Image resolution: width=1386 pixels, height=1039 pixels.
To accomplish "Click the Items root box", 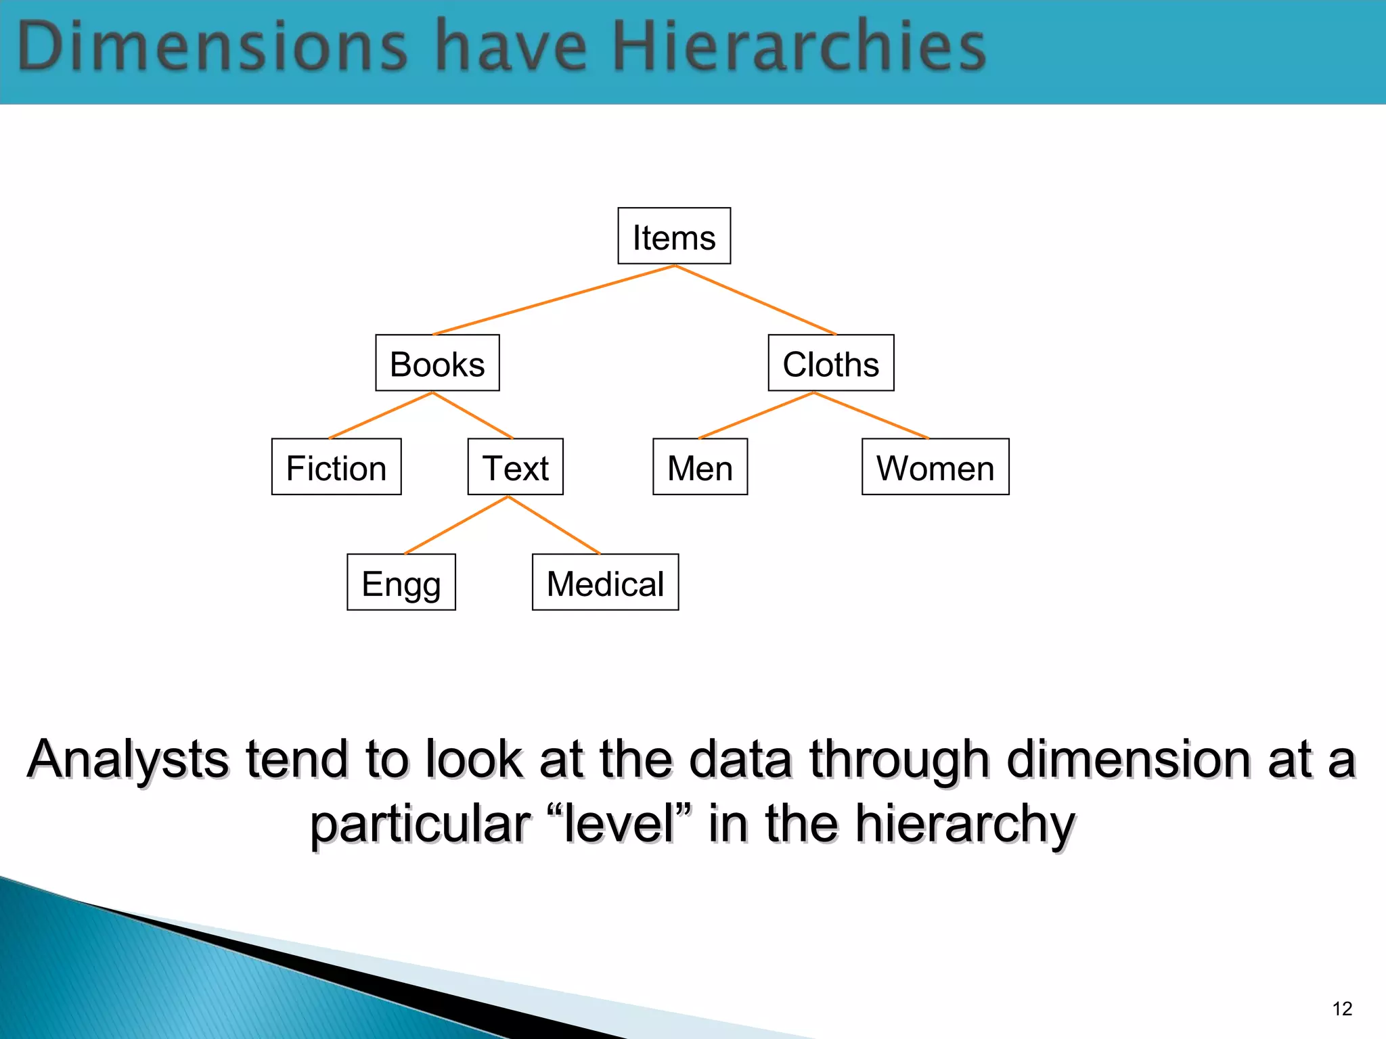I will [674, 236].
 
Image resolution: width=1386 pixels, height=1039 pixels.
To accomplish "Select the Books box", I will [437, 363].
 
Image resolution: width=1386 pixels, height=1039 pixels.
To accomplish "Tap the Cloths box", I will [831, 363].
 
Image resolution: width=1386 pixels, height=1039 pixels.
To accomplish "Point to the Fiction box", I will [336, 467].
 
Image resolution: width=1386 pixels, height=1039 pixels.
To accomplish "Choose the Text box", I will [515, 467].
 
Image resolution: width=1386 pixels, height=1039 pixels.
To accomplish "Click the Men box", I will [700, 467].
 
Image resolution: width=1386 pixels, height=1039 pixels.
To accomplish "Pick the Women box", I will [935, 467].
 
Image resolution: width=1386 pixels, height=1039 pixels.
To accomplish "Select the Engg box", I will [401, 582].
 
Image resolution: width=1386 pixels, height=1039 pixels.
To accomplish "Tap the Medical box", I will [605, 582].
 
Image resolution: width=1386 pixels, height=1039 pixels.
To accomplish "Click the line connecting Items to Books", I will [554, 300].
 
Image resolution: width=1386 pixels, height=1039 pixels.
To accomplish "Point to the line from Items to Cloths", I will [755, 300].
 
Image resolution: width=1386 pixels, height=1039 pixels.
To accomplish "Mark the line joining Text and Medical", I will [554, 525].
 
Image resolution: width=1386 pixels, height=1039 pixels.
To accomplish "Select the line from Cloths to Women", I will [872, 415].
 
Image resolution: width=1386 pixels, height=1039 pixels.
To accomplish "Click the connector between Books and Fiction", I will [380, 415].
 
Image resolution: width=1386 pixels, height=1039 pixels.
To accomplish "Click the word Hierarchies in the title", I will [799, 46].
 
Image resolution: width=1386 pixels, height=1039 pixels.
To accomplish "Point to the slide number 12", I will [1342, 1009].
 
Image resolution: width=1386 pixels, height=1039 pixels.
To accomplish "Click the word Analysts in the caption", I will [129, 759].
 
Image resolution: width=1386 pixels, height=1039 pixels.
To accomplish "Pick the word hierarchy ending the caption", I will [965, 823].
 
